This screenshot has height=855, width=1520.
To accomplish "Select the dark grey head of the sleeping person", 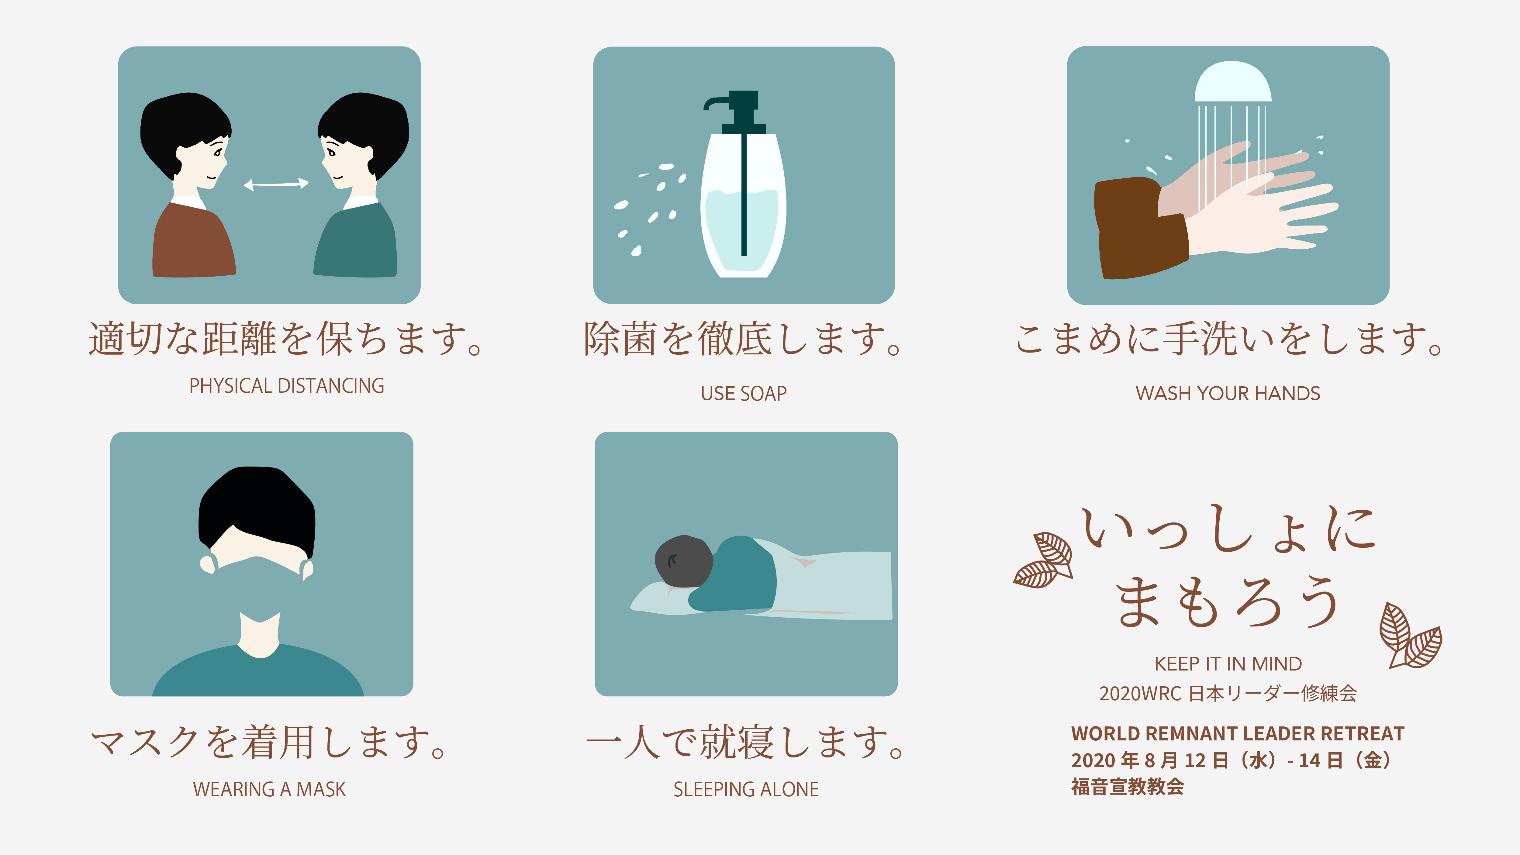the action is [683, 560].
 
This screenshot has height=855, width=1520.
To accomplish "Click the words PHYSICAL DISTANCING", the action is [287, 386].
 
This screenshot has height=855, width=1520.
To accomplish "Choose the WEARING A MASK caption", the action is [270, 790].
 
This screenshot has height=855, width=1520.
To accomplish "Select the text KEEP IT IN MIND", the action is [1228, 664].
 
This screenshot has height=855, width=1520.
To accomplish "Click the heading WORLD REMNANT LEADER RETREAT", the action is [1237, 733].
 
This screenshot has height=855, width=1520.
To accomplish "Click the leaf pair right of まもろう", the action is [1410, 636].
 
